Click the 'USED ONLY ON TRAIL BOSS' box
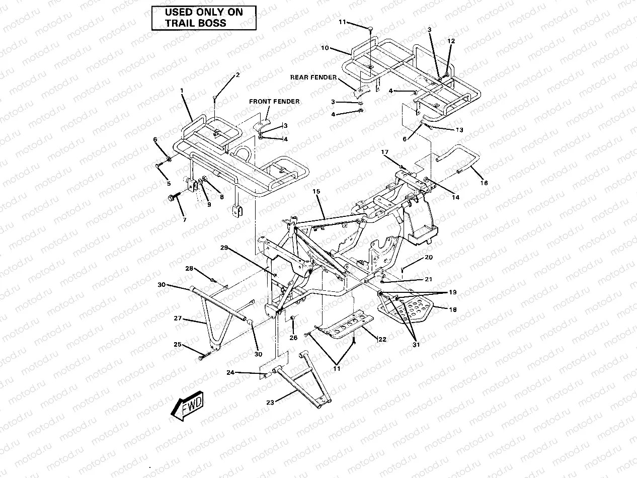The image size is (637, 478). click(x=204, y=18)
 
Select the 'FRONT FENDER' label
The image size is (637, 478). click(x=274, y=102)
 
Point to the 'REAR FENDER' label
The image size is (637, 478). click(x=313, y=77)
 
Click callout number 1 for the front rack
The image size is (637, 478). click(x=182, y=91)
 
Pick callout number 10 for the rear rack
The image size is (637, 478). click(x=325, y=48)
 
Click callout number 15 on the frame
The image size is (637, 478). click(x=315, y=192)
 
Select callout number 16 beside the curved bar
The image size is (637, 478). click(x=484, y=183)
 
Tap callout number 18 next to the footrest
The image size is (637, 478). click(x=452, y=310)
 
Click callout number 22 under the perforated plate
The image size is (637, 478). click(x=382, y=339)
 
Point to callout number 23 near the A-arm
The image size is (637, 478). click(x=271, y=402)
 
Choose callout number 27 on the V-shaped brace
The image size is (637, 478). click(x=177, y=318)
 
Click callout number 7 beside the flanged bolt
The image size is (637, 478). click(x=184, y=220)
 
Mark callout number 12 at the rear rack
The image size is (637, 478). click(x=451, y=40)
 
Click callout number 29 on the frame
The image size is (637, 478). click(x=224, y=248)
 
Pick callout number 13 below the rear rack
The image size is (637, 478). click(x=459, y=130)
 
